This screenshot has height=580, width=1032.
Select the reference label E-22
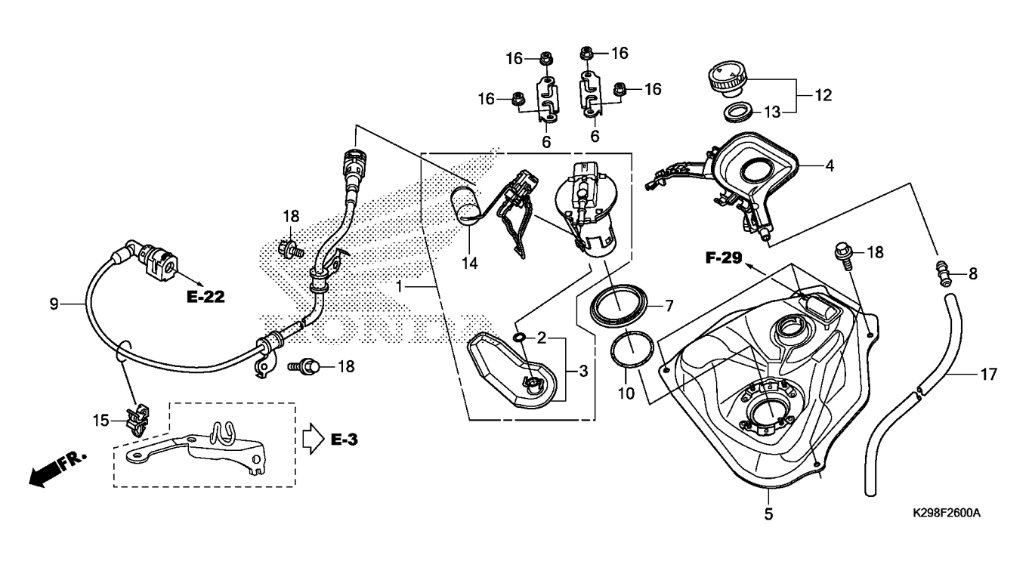(206, 297)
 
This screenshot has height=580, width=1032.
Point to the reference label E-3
(344, 438)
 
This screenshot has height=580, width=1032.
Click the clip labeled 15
(137, 419)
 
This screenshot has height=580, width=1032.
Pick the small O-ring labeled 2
(519, 337)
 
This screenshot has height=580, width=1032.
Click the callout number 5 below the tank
(768, 515)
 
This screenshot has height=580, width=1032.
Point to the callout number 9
(54, 304)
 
